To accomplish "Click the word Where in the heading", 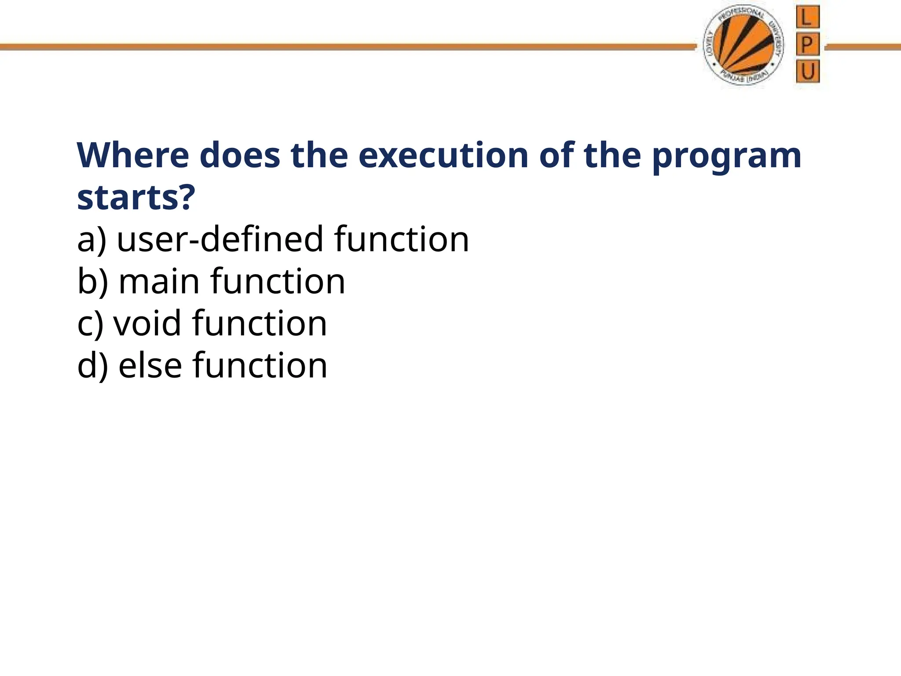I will click(133, 155).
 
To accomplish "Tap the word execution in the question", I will click(443, 155).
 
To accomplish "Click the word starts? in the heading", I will click(136, 198).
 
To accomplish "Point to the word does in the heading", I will click(240, 155).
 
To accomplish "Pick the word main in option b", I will click(159, 281).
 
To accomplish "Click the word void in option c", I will click(147, 323).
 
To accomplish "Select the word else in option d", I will click(150, 365).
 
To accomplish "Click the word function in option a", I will click(401, 239).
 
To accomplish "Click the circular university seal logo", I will click(743, 45).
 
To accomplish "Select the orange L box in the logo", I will click(807, 17).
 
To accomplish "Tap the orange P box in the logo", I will click(807, 44).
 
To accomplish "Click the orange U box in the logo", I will click(808, 72).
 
